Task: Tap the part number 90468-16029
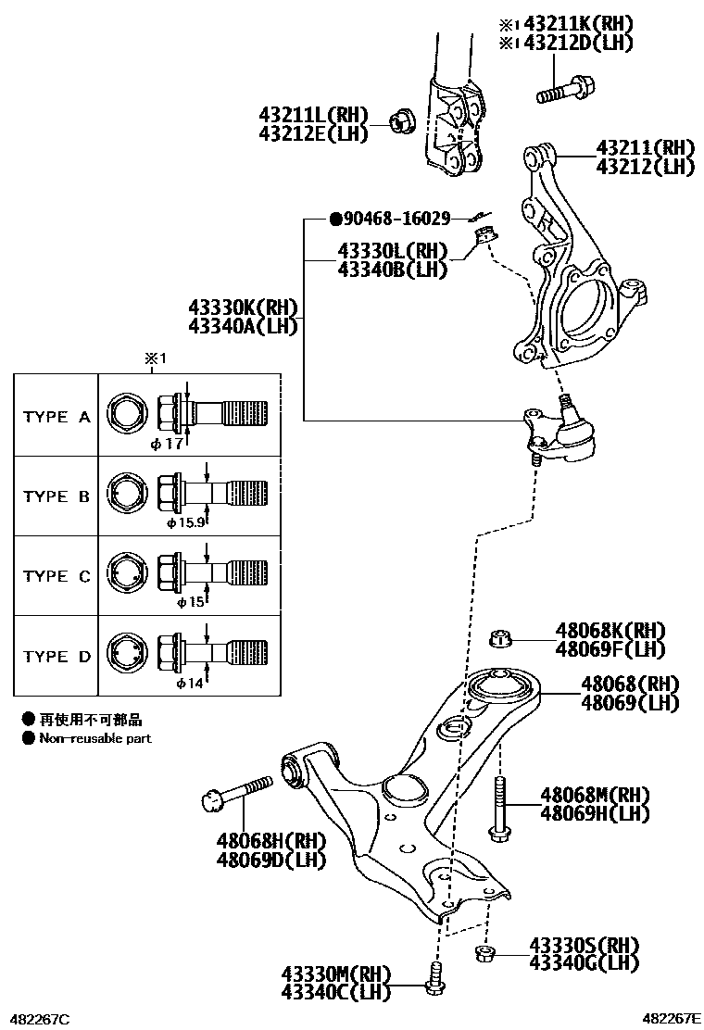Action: click(396, 219)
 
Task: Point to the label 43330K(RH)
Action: click(242, 308)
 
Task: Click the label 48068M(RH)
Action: click(595, 796)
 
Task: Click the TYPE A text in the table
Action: click(57, 417)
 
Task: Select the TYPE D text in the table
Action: click(57, 657)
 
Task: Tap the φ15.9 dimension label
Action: click(184, 522)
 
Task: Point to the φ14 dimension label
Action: click(189, 683)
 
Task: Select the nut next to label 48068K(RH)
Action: click(500, 637)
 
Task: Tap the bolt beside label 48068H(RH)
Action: click(235, 792)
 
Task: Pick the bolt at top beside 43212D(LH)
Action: click(563, 91)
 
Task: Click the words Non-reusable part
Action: click(94, 738)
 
